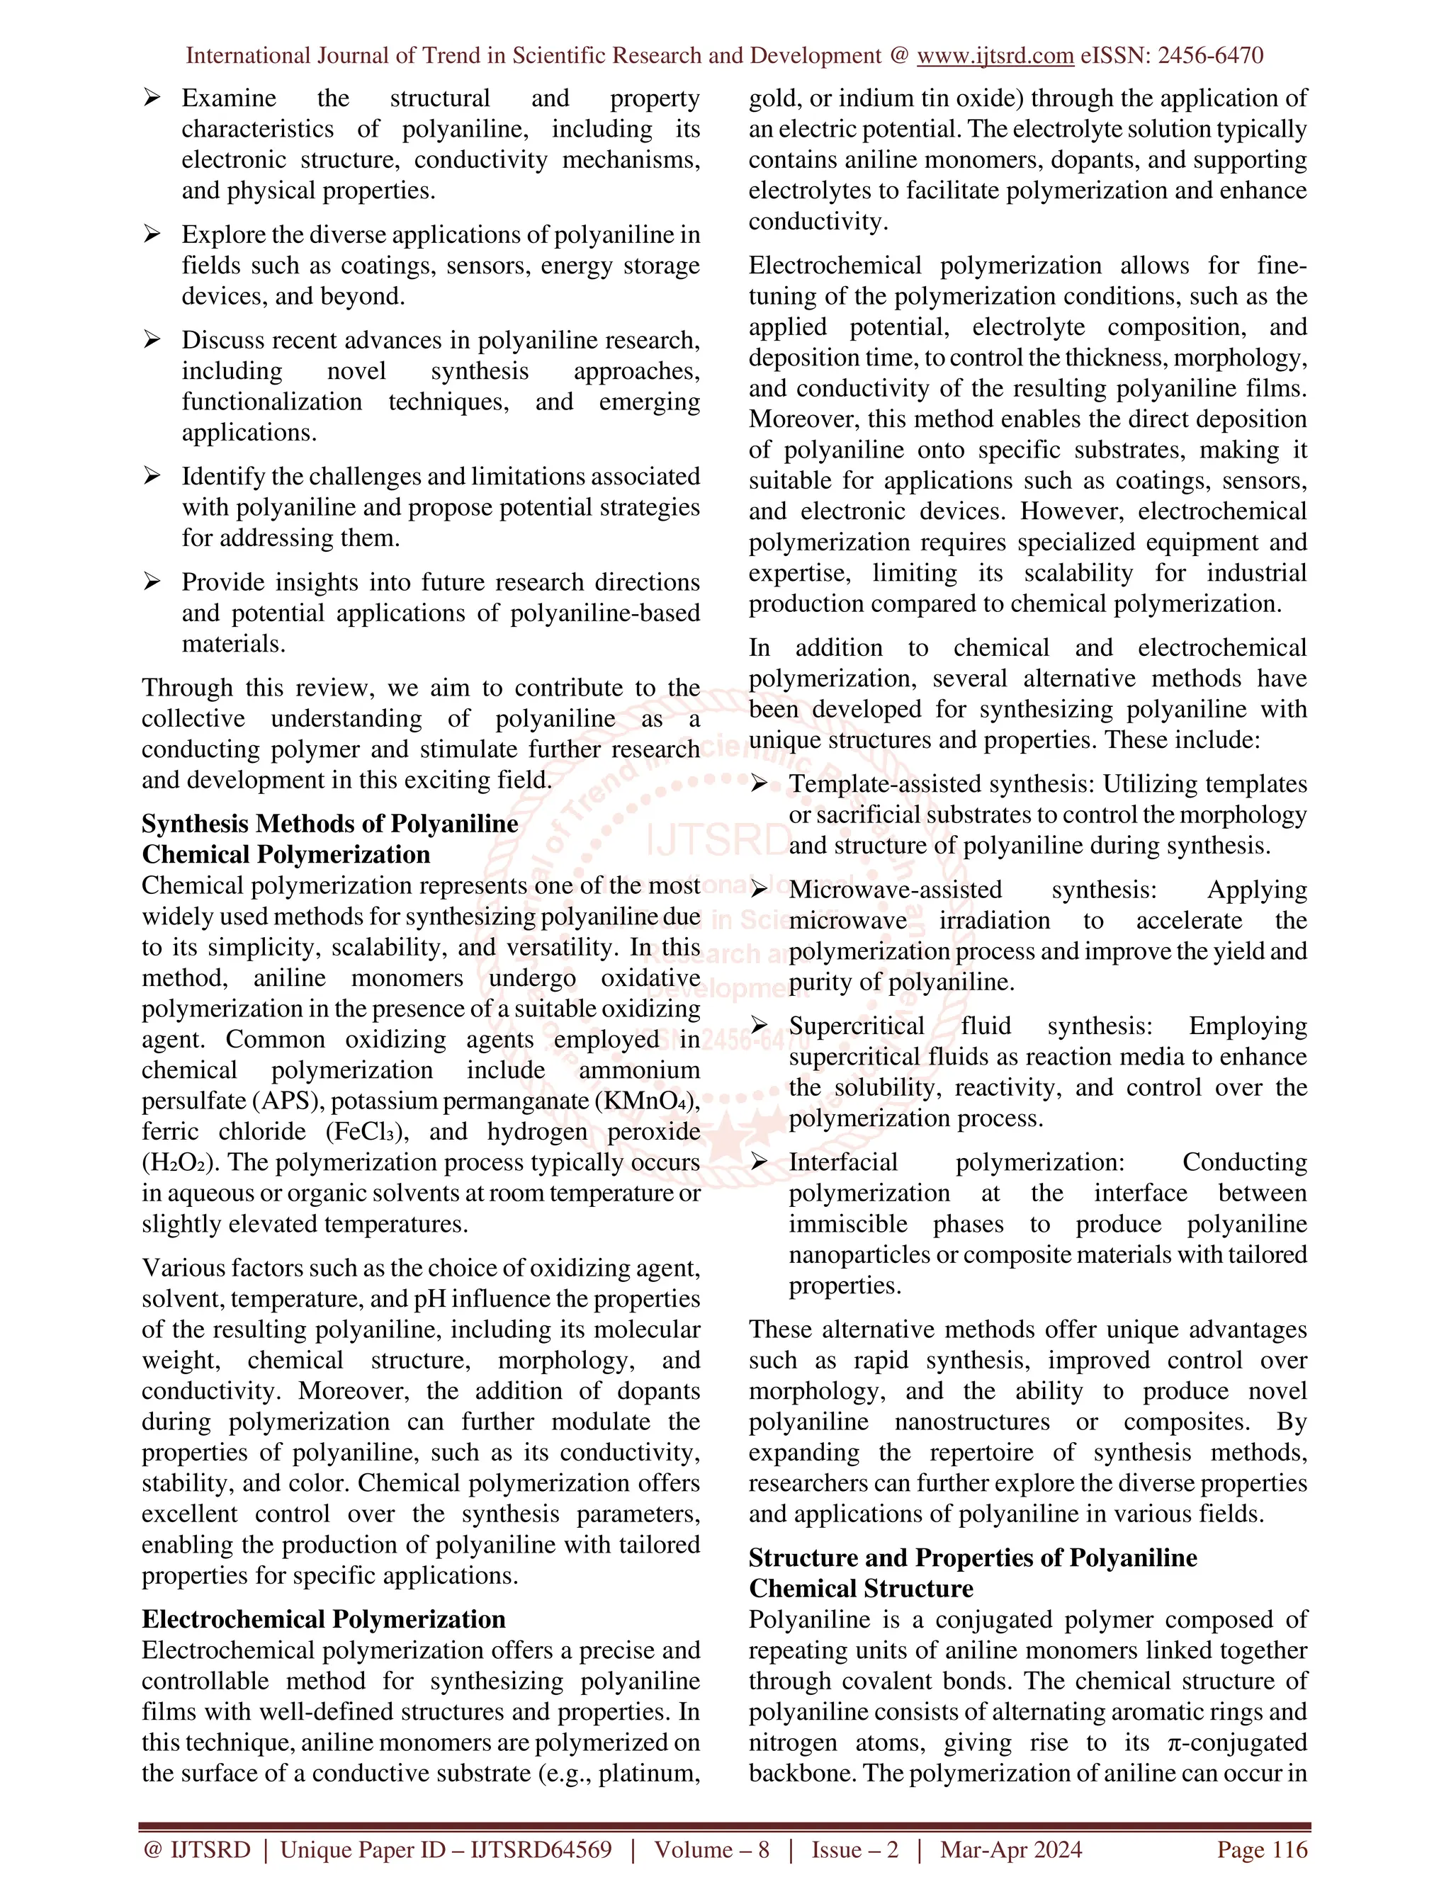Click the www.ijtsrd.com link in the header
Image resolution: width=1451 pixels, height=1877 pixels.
coord(995,56)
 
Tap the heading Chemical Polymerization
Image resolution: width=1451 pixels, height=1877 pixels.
coord(286,854)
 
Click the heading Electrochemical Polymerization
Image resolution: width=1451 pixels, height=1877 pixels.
coord(323,1619)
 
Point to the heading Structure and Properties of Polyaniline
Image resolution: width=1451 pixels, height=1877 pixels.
coord(972,1558)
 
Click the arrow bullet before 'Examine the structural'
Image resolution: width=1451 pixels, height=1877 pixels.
coord(152,98)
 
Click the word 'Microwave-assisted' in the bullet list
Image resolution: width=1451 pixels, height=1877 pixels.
coord(895,890)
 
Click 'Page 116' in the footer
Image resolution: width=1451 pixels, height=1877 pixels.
coord(1261,1849)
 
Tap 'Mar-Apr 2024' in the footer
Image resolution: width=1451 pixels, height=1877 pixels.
coord(1011,1849)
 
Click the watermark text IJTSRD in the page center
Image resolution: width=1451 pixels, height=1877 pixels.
coord(717,841)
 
